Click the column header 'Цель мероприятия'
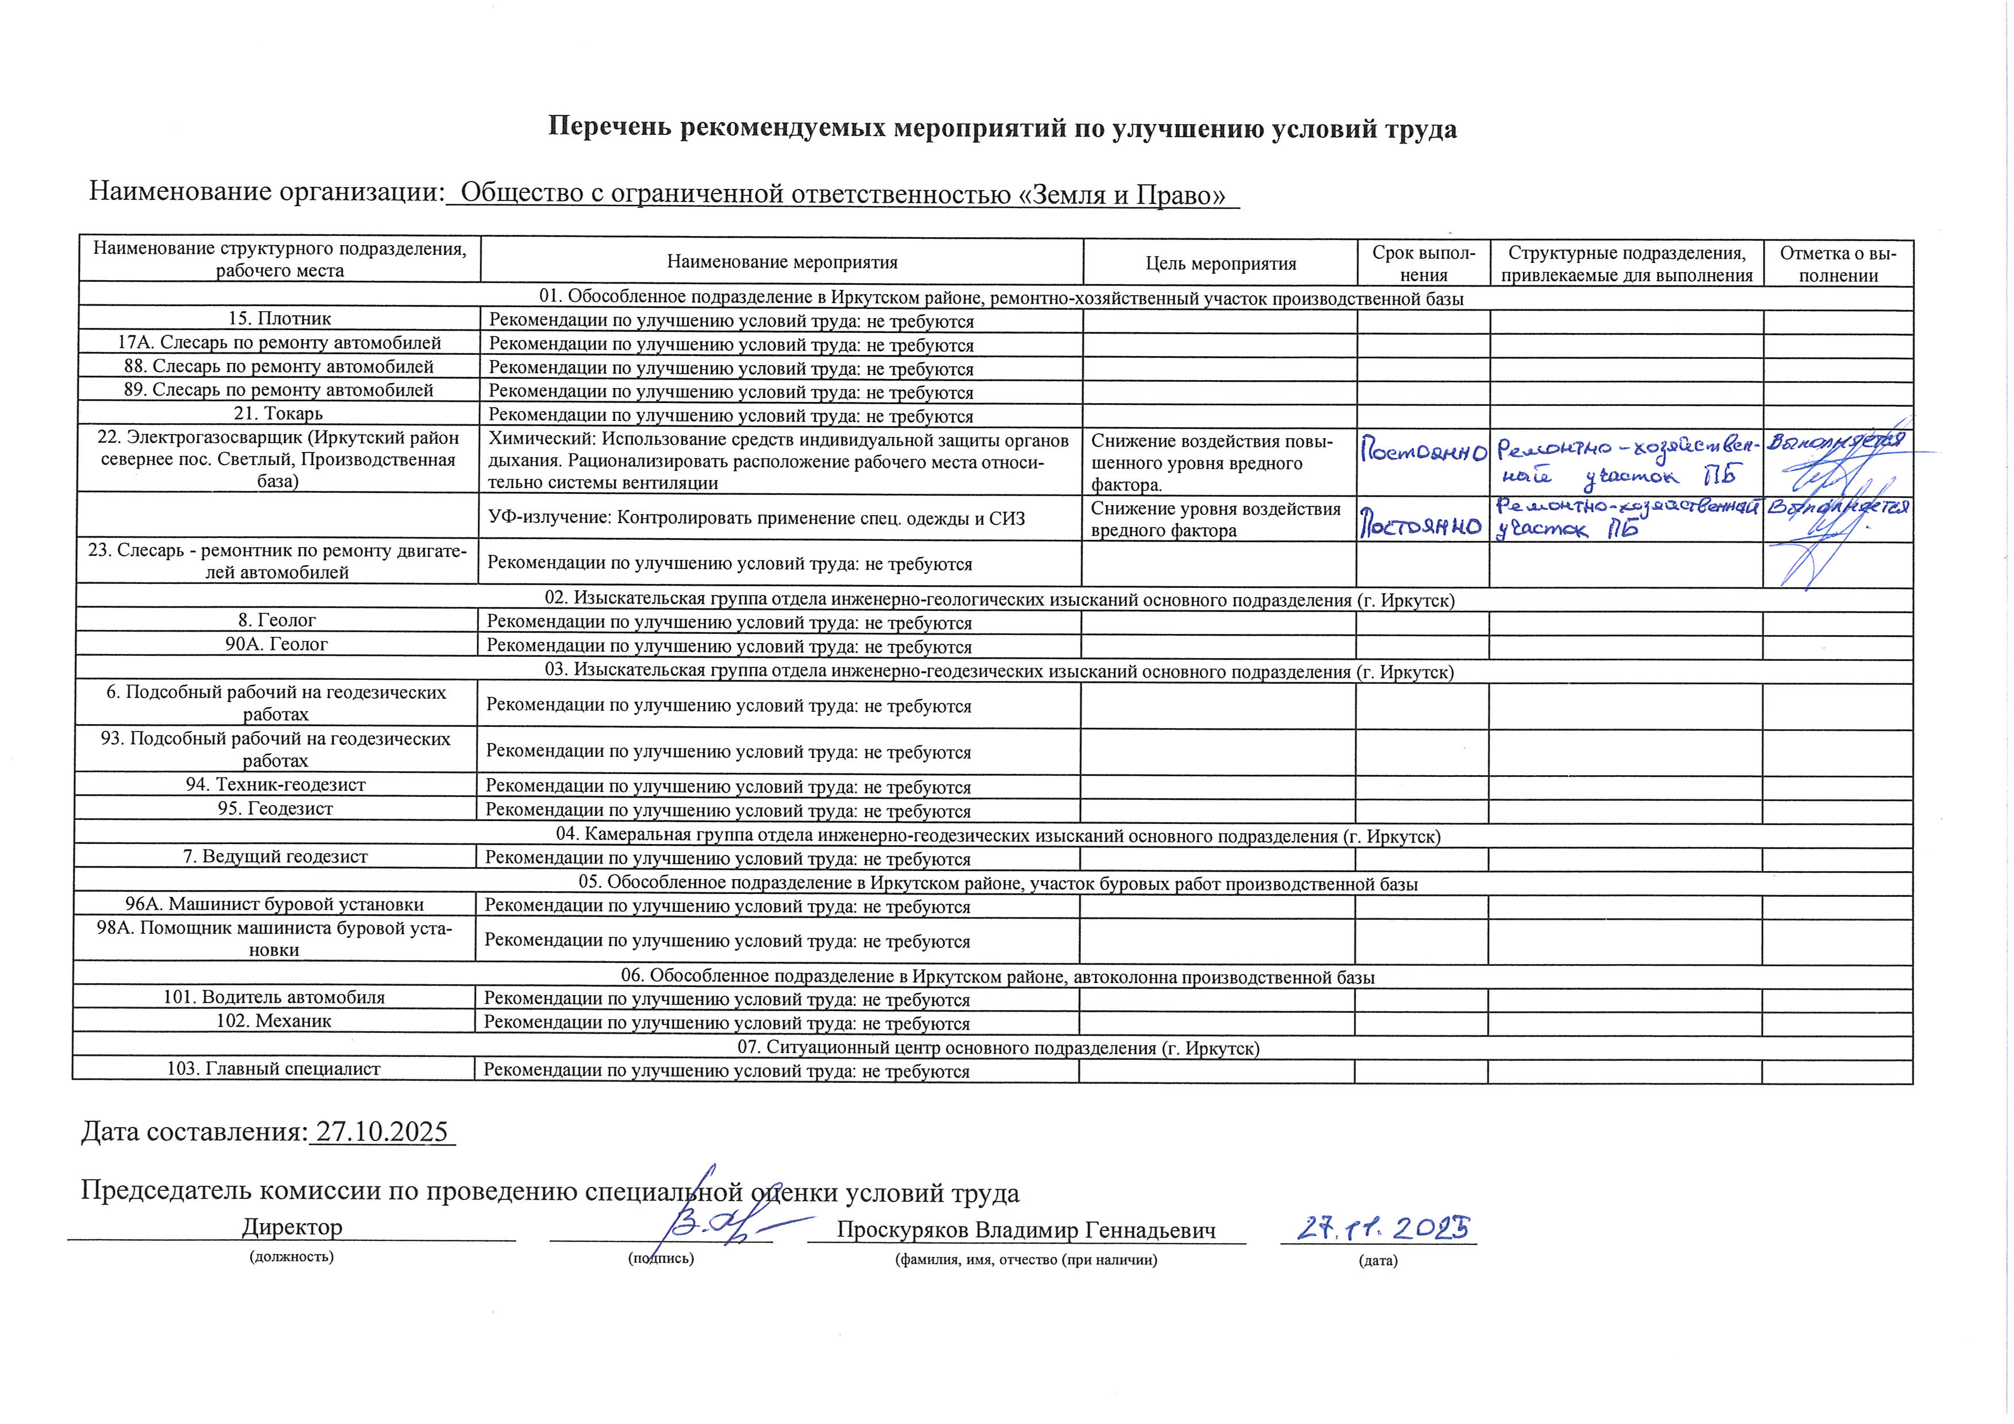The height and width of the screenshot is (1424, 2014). tap(1220, 263)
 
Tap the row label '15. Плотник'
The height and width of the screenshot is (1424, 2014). tap(279, 319)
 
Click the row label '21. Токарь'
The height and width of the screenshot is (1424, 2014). tap(279, 413)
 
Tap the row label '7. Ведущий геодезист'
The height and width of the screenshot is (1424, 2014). tap(274, 856)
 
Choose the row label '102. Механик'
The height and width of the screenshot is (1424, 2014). tap(274, 1020)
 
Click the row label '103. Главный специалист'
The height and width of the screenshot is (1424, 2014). tap(274, 1069)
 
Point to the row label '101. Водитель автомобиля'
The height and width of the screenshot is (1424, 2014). tap(274, 997)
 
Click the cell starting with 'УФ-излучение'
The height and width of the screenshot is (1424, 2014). tap(756, 518)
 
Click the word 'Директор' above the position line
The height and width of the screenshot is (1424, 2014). tap(292, 1226)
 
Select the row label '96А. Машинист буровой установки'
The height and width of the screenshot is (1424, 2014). tap(274, 904)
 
